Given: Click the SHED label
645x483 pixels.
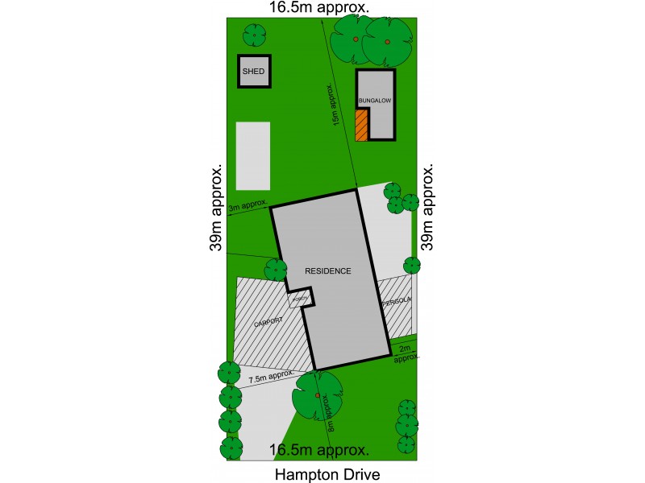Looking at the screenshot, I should [253, 72].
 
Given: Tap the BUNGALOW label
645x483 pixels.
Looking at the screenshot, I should [374, 101].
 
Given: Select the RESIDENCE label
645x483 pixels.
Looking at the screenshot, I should [328, 271].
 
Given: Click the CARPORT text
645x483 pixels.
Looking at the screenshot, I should [268, 324].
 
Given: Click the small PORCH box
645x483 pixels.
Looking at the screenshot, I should [300, 298].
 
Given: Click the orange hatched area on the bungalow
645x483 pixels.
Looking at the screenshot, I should [361, 125].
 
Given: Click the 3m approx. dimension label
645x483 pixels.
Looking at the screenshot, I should [248, 208].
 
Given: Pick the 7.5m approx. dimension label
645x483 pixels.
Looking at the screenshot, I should [270, 377].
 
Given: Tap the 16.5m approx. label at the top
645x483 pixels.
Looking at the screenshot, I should [320, 7].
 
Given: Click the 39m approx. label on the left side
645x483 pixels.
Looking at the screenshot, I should [216, 208].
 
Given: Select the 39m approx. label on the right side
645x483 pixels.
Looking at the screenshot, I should [427, 208].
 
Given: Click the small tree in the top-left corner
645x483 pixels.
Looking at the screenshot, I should [255, 35].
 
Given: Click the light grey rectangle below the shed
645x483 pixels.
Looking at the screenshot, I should [253, 155].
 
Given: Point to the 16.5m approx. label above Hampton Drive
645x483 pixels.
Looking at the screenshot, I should [320, 450].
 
